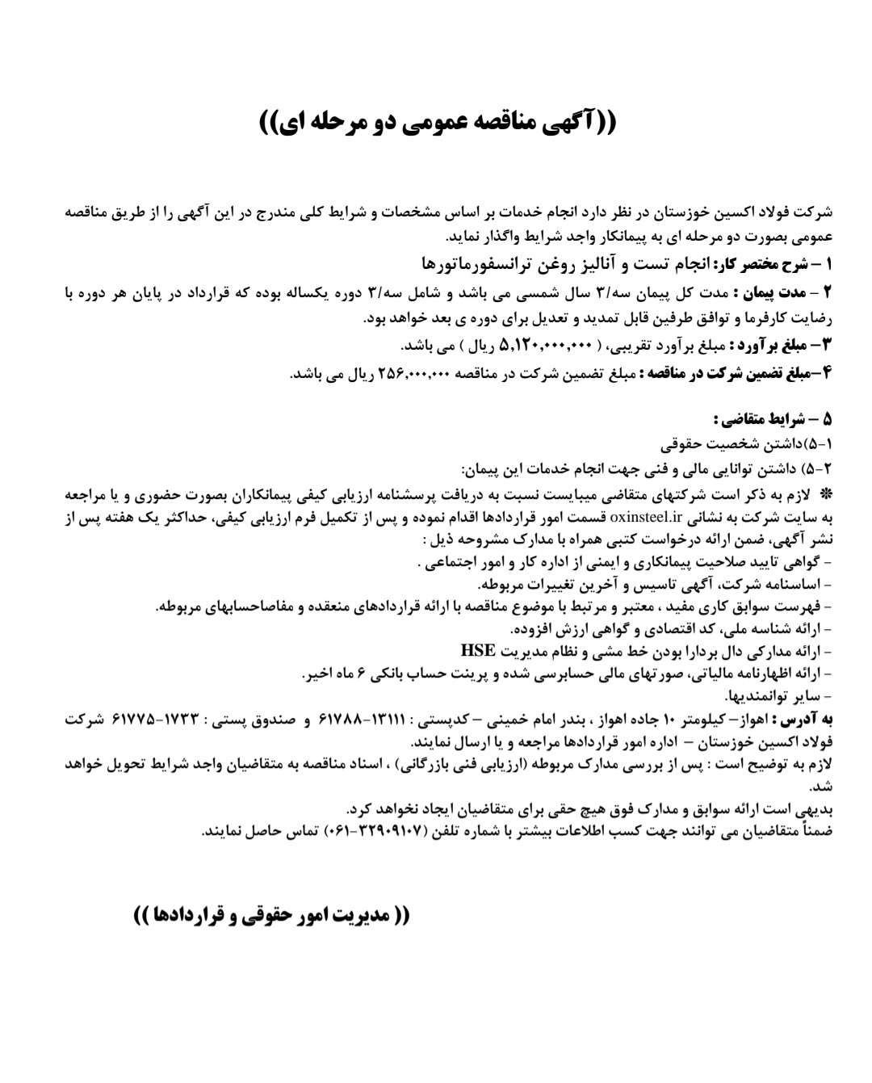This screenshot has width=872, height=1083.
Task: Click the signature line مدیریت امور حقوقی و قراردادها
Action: pyautogui.click(x=271, y=916)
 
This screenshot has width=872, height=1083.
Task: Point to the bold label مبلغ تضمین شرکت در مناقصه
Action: pyautogui.click(x=727, y=373)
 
